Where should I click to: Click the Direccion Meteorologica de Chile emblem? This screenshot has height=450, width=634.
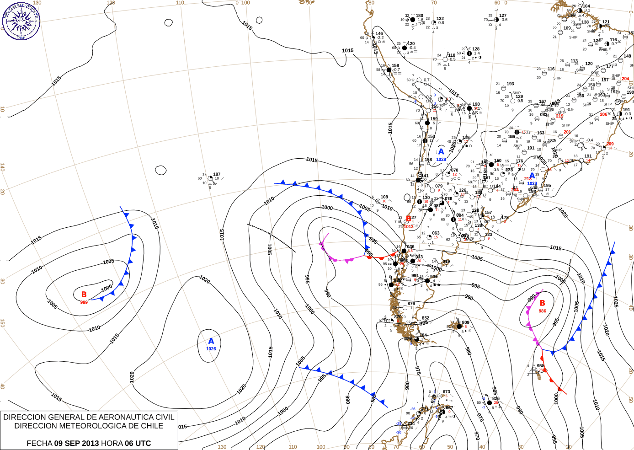tap(21, 21)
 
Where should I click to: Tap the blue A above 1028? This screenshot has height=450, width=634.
tap(441, 152)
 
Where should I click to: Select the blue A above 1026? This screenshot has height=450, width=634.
tap(211, 341)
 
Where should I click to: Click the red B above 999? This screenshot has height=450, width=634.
tap(84, 295)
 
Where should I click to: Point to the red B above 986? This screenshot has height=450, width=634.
tap(543, 303)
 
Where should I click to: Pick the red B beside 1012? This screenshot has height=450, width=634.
tap(409, 219)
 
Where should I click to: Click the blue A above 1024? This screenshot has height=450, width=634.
tap(533, 176)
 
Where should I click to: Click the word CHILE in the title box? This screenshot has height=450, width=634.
tap(152, 426)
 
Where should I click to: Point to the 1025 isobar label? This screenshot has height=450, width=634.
tap(616, 302)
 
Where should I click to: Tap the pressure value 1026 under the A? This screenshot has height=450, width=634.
tap(211, 349)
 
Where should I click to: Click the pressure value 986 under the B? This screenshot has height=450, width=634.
tap(543, 311)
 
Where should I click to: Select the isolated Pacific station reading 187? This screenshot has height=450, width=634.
tap(217, 174)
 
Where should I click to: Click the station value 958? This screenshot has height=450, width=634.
tap(541, 366)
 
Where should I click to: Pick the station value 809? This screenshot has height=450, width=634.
tap(465, 322)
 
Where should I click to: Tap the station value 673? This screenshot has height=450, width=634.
tap(446, 392)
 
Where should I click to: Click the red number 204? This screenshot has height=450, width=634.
tap(625, 79)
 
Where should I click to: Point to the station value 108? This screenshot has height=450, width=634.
tap(384, 197)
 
